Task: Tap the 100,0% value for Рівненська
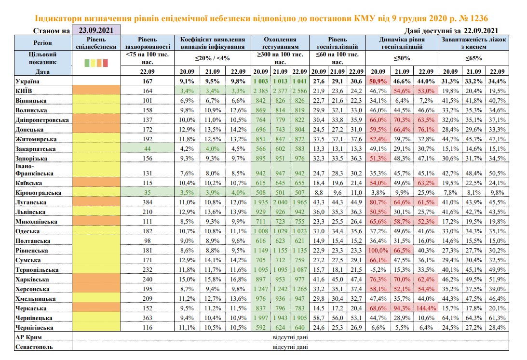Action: pyautogui.click(x=378, y=251)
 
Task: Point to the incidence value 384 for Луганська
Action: pyautogui.click(x=147, y=202)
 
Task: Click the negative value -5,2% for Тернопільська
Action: pyautogui.click(x=378, y=270)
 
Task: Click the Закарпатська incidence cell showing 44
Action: pyautogui.click(x=147, y=148)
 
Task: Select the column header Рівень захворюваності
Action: pyautogui.click(x=147, y=43)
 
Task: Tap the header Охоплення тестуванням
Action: pyautogui.click(x=280, y=43)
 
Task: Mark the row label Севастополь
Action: pyautogui.click(x=34, y=347)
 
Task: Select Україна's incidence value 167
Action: pyautogui.click(x=147, y=81)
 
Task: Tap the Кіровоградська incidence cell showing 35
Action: pyautogui.click(x=147, y=193)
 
